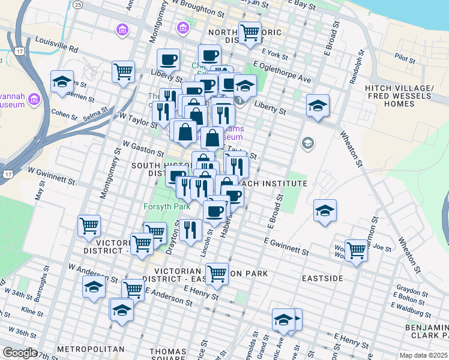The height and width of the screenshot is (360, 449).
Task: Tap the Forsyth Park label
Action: pyautogui.click(x=166, y=206)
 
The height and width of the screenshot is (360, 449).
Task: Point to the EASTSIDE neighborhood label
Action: pyautogui.click(x=322, y=278)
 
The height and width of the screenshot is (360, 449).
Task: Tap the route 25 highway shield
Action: pyautogui.click(x=78, y=4)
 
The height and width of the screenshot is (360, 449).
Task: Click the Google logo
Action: pyautogui.click(x=19, y=353)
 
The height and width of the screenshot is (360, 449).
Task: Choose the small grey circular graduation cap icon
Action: pyautogui.click(x=308, y=143)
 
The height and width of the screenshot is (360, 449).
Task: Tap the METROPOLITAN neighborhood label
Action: pyautogui.click(x=91, y=349)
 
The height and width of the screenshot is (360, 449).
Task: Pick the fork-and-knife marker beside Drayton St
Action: pyautogui.click(x=190, y=230)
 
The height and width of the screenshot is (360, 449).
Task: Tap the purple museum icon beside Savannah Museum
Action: pyautogui.click(x=34, y=99)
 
